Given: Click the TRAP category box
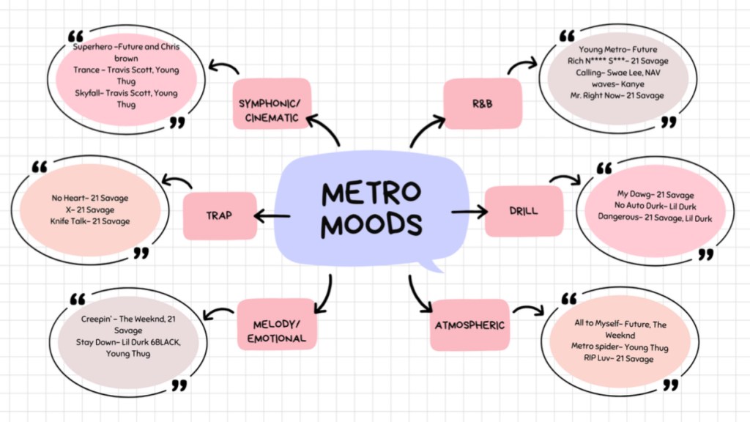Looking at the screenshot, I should [x=220, y=215].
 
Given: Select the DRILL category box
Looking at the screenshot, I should [x=524, y=211].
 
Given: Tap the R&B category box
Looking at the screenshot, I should [x=483, y=103].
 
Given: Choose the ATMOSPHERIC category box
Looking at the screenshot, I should [x=469, y=325].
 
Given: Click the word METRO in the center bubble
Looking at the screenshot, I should [x=371, y=193].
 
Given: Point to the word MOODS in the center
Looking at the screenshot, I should [x=371, y=225].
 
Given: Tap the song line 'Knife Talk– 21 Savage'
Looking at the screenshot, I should [x=91, y=221].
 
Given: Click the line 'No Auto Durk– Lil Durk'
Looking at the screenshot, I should [x=654, y=206].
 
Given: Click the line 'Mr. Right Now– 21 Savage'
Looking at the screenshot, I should [x=617, y=96].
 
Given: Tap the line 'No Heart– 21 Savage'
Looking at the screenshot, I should [x=90, y=198].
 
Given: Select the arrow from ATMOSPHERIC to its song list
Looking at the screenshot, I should [x=527, y=310].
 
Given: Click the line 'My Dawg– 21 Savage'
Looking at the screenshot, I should [x=655, y=195].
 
